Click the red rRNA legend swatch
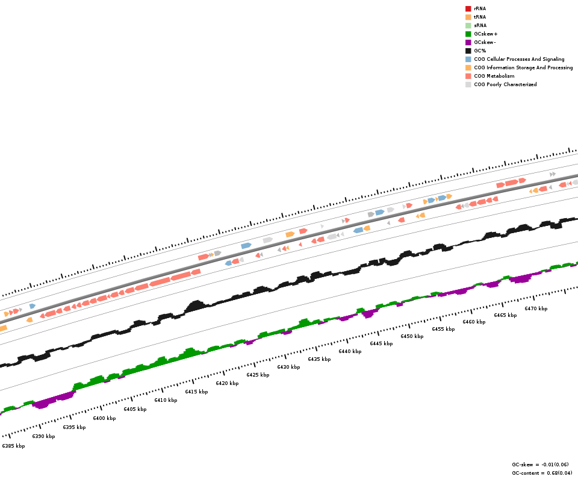pyautogui.click(x=468, y=8)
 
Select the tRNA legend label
pyautogui.click(x=480, y=17)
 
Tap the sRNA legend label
pyautogui.click(x=480, y=25)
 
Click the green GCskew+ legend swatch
pyautogui.click(x=468, y=34)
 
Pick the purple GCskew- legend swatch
pyautogui.click(x=468, y=42)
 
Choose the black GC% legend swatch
pyautogui.click(x=468, y=51)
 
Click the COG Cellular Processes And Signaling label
pyautogui.click(x=519, y=59)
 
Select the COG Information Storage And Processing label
pyautogui.click(x=523, y=67)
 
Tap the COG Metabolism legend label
pyautogui.click(x=494, y=76)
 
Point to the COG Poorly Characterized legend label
pyautogui.click(x=505, y=84)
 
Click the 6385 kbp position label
pyautogui.click(x=13, y=446)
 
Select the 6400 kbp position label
pyautogui.click(x=104, y=418)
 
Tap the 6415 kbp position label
pyautogui.click(x=196, y=392)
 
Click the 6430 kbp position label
pyautogui.click(x=288, y=367)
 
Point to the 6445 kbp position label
pyautogui.click(x=381, y=343)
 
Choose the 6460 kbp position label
pyautogui.click(x=474, y=322)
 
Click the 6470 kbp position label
pyautogui.click(x=536, y=308)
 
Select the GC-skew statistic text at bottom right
pyautogui.click(x=540, y=465)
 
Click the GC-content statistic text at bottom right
pyautogui.click(x=542, y=473)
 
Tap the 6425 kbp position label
pyautogui.click(x=258, y=375)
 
